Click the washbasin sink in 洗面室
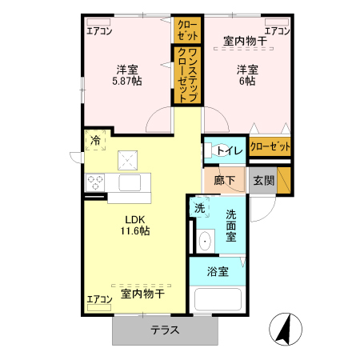205,240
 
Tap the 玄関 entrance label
263,181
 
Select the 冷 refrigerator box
96,140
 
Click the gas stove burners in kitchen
96,182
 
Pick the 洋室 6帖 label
246,75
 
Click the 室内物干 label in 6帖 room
245,42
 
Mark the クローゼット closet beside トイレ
270,146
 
